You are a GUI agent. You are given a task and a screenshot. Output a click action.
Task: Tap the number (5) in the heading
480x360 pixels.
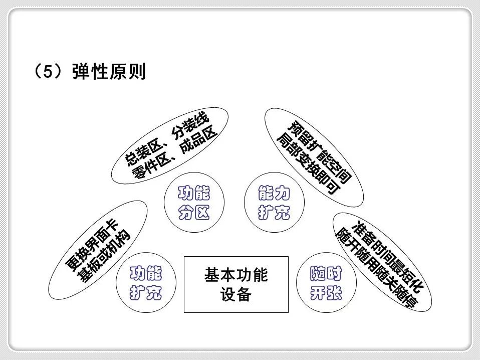point(50,72)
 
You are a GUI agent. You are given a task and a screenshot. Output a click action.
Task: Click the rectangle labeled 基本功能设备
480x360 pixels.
point(236,284)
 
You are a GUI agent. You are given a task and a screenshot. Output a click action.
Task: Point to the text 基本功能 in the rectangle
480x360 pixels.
point(236,275)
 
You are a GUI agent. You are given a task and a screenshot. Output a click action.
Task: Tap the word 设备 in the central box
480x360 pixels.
point(235,294)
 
